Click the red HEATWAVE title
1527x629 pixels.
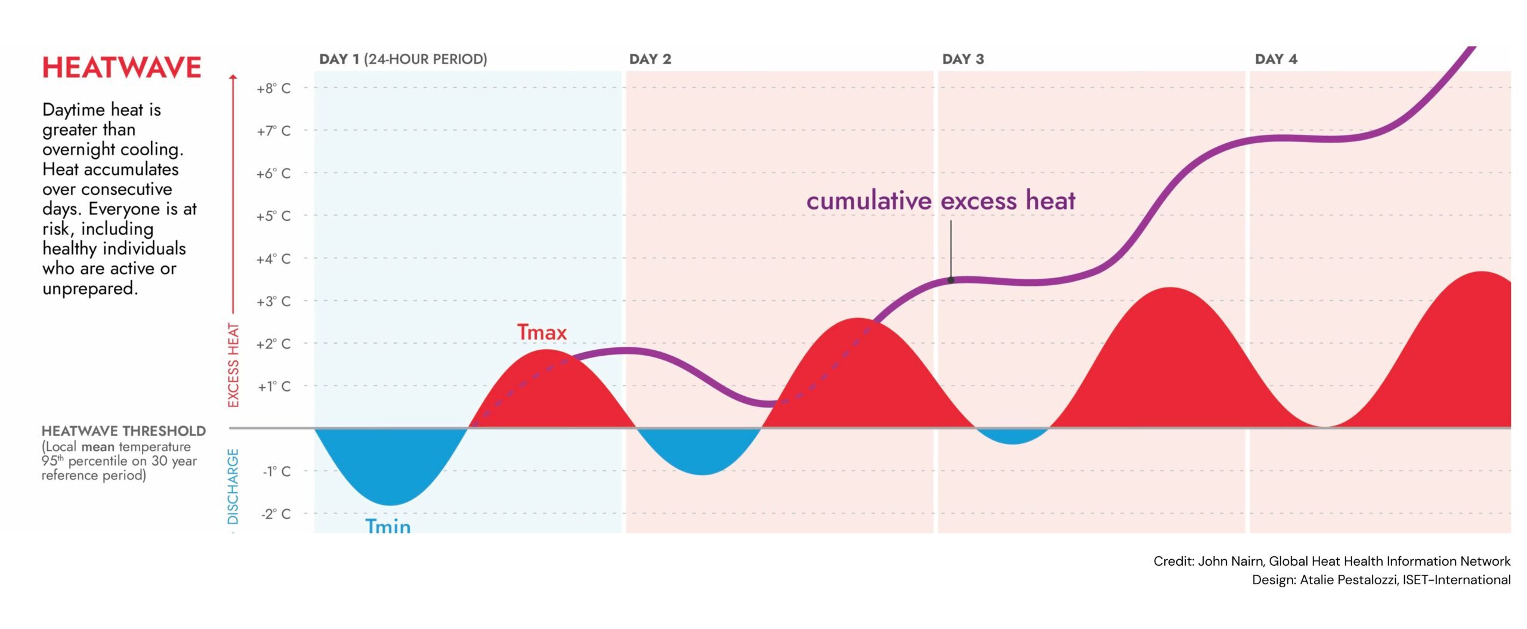(122, 67)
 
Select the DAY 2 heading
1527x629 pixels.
(650, 59)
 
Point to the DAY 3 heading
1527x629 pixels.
(963, 59)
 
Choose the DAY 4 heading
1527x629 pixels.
(1276, 59)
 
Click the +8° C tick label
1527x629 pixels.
(273, 88)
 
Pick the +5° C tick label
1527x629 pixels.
(273, 216)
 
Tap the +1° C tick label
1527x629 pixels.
(274, 387)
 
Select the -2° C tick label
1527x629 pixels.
(276, 514)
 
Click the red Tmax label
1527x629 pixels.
(542, 332)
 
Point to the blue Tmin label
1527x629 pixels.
(388, 526)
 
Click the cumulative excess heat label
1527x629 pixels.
(941, 201)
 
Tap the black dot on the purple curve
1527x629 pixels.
(951, 280)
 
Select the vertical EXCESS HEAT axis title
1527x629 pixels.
(233, 365)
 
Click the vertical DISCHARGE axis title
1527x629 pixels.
(233, 486)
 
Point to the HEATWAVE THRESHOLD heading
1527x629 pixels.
(123, 431)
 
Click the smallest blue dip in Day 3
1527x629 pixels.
(1013, 436)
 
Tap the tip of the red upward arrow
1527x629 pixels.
(233, 76)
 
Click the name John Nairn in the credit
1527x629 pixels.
(1230, 561)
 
